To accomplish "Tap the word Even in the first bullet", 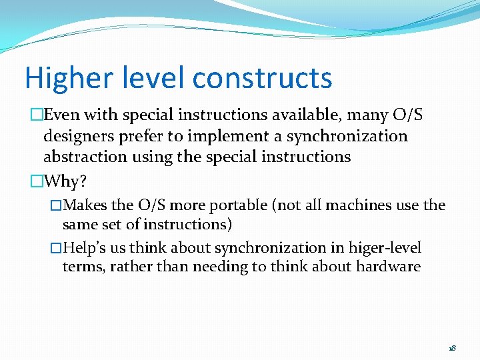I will coord(63,115).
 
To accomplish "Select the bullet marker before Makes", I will coord(56,205).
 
